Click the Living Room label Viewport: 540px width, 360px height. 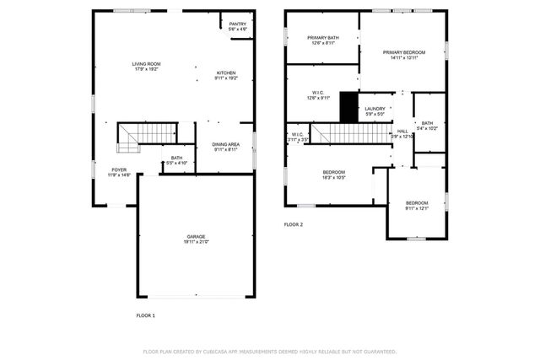146,64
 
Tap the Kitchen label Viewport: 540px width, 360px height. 225,73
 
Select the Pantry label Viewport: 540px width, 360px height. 238,24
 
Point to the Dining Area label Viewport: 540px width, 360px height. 225,143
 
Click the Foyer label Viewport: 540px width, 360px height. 119,169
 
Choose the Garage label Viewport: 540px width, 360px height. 197,236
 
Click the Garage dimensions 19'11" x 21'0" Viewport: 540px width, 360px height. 197,242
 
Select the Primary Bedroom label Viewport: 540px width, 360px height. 403,52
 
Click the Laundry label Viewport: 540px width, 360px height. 375,109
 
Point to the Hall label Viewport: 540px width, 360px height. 402,131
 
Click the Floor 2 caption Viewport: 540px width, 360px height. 293,224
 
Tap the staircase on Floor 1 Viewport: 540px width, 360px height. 147,133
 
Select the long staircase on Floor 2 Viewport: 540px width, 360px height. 349,133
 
